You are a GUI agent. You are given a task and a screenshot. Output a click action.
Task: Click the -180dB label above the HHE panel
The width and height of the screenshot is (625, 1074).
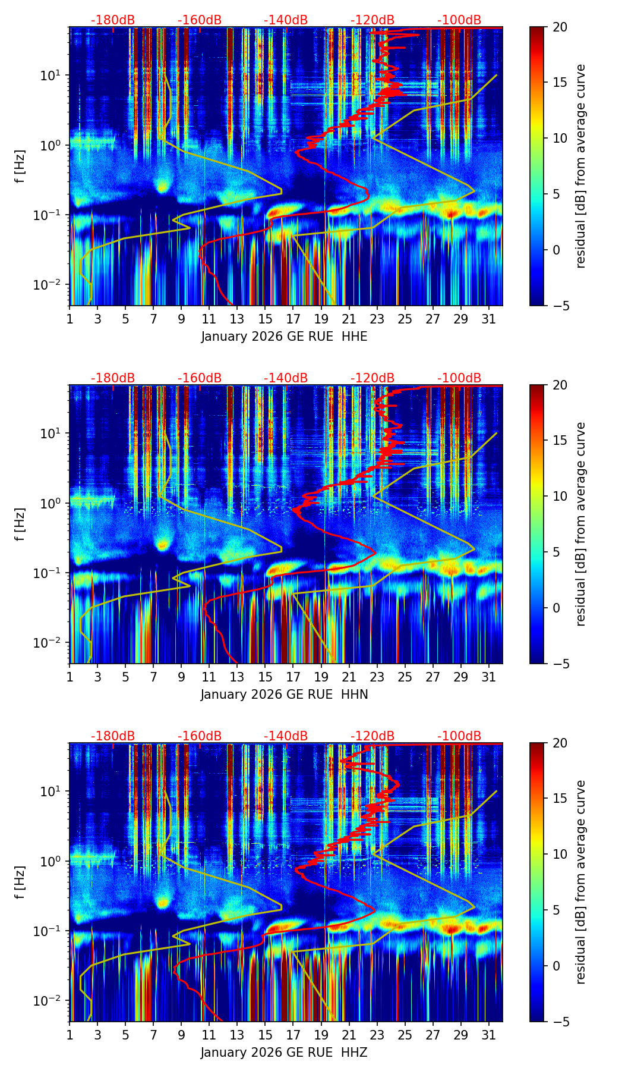coord(113,20)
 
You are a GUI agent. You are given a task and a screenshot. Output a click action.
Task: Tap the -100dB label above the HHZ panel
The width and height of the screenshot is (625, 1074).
coord(459,736)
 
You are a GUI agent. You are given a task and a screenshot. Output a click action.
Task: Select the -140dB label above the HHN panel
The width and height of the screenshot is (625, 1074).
coord(286,378)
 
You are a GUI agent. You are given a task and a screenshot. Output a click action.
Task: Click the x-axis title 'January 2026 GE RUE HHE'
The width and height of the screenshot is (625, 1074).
coord(284,337)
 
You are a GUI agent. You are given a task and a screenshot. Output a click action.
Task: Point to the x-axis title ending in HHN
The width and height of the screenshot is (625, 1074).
coord(284,695)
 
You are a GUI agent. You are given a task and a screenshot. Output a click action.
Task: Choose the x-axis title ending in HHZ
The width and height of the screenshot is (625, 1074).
coord(284,1053)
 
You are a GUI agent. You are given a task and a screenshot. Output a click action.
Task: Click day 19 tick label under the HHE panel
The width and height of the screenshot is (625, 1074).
coord(321,319)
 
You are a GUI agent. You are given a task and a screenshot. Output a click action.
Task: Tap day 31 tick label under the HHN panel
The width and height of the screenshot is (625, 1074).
coord(489,677)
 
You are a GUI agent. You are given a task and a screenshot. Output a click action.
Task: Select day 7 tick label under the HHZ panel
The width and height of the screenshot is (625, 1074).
coord(153,1035)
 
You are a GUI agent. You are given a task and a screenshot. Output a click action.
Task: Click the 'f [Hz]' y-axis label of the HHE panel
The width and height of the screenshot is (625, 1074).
coord(20,167)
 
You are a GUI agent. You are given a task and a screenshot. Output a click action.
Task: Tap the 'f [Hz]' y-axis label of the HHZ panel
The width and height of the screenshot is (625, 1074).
coord(20,883)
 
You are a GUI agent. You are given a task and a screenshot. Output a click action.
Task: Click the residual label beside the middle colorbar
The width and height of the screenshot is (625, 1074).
coord(580,524)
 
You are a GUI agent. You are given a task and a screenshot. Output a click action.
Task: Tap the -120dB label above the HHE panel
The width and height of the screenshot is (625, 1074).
coord(373,20)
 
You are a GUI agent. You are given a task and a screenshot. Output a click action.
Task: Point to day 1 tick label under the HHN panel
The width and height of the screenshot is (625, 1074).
coord(70,677)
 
